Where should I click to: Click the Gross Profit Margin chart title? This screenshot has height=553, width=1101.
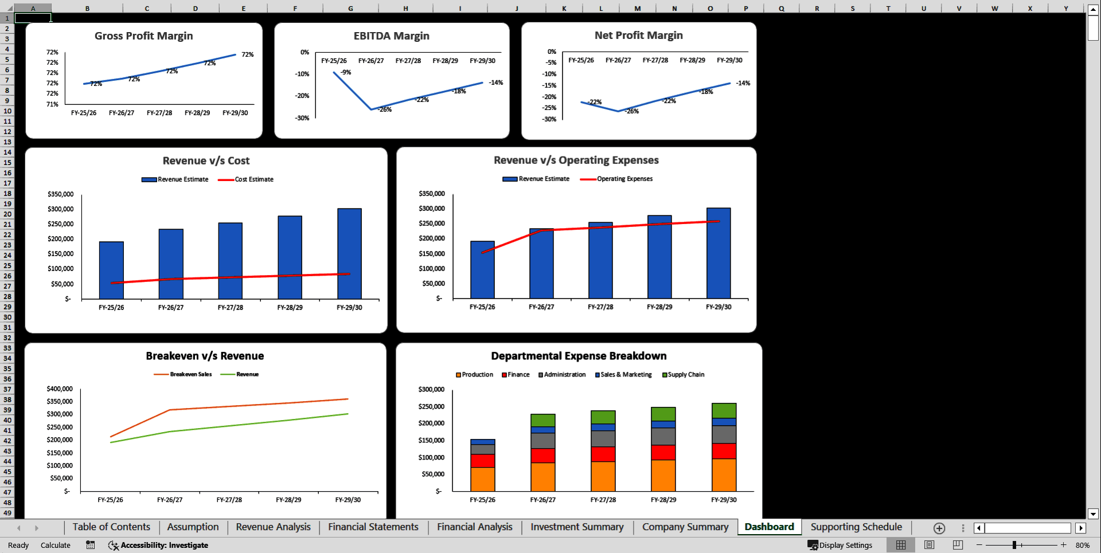point(143,36)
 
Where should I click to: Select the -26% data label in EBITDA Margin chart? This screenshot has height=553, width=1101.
point(385,109)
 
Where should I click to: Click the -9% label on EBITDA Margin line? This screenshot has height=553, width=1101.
point(346,73)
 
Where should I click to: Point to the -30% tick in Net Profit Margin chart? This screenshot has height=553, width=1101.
point(549,119)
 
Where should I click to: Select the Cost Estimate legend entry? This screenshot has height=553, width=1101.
point(253,179)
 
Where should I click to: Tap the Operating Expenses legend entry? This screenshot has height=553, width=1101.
point(624,179)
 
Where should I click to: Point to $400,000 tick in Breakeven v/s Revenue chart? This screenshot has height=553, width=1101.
point(60,389)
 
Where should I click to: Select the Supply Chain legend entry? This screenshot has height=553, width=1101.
point(685,375)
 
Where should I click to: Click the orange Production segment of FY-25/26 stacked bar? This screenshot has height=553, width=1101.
point(482,480)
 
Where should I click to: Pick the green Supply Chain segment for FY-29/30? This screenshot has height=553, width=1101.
point(724,410)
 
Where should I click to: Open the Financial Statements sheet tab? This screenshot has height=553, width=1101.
point(373,527)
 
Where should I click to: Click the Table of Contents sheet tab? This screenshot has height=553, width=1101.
point(111,527)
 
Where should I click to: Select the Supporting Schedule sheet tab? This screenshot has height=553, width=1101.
point(856,527)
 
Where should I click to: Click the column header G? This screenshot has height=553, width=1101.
point(350,9)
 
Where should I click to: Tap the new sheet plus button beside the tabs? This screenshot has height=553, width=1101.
point(939,528)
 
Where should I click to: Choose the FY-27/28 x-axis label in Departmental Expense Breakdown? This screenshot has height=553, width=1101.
point(603,500)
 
